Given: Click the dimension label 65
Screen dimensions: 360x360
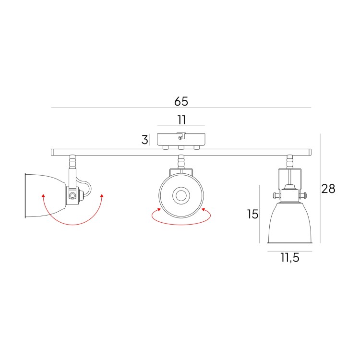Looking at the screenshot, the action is (x=181, y=101).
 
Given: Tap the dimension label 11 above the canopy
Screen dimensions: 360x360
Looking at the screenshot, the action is (x=181, y=120).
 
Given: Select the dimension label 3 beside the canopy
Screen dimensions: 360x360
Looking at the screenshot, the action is (x=144, y=140).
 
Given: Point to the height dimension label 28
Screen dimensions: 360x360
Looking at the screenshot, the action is (x=328, y=189).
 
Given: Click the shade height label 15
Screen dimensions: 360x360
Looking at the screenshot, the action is (x=252, y=214).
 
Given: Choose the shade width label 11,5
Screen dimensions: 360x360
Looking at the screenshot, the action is (x=290, y=258).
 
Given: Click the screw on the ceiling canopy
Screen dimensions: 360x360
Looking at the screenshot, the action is (x=180, y=138).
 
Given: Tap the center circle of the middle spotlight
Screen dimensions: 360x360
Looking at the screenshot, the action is (x=181, y=196).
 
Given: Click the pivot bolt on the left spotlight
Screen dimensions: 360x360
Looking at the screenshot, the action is (x=72, y=196).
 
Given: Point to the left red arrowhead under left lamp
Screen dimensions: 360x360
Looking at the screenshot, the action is (x=43, y=196).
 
